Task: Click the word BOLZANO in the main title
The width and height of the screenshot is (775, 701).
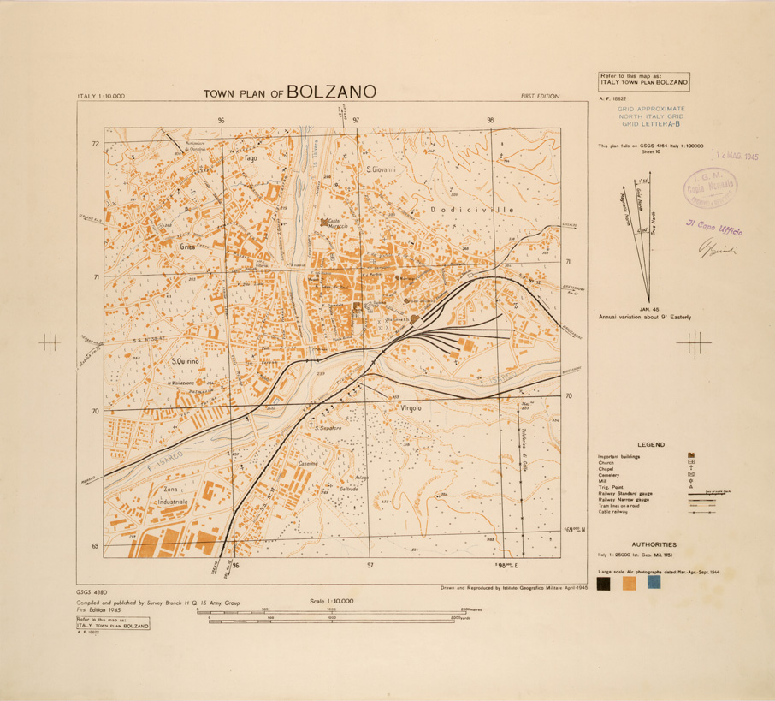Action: (329, 92)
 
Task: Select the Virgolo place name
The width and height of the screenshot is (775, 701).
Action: (414, 409)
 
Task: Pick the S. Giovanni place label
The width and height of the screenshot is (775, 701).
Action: (381, 169)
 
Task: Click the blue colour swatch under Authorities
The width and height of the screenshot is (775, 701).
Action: (654, 583)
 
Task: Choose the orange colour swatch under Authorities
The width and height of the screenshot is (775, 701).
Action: (630, 583)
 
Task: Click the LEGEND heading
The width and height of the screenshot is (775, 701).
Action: (652, 444)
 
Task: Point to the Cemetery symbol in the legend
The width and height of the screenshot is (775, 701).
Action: (691, 473)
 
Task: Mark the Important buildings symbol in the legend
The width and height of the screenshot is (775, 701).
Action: (691, 455)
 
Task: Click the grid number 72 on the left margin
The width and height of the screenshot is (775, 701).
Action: (96, 144)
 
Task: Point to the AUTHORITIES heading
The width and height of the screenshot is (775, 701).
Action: (654, 544)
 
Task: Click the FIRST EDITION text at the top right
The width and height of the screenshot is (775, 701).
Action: (540, 96)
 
